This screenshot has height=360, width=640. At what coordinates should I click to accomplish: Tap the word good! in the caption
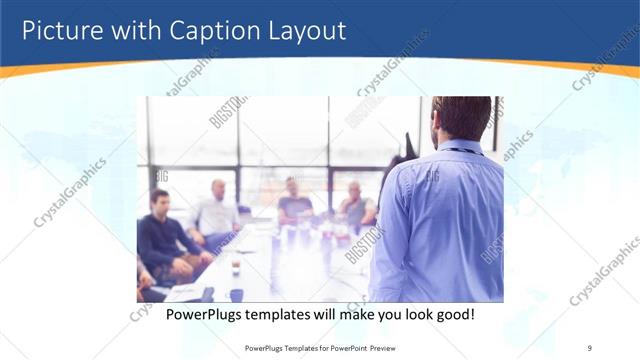click(x=452, y=314)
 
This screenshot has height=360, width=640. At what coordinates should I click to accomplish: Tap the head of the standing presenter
click(x=462, y=118)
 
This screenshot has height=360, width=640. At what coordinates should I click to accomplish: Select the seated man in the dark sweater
click(x=161, y=240)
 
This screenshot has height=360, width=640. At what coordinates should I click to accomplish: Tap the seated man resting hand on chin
click(x=355, y=205)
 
